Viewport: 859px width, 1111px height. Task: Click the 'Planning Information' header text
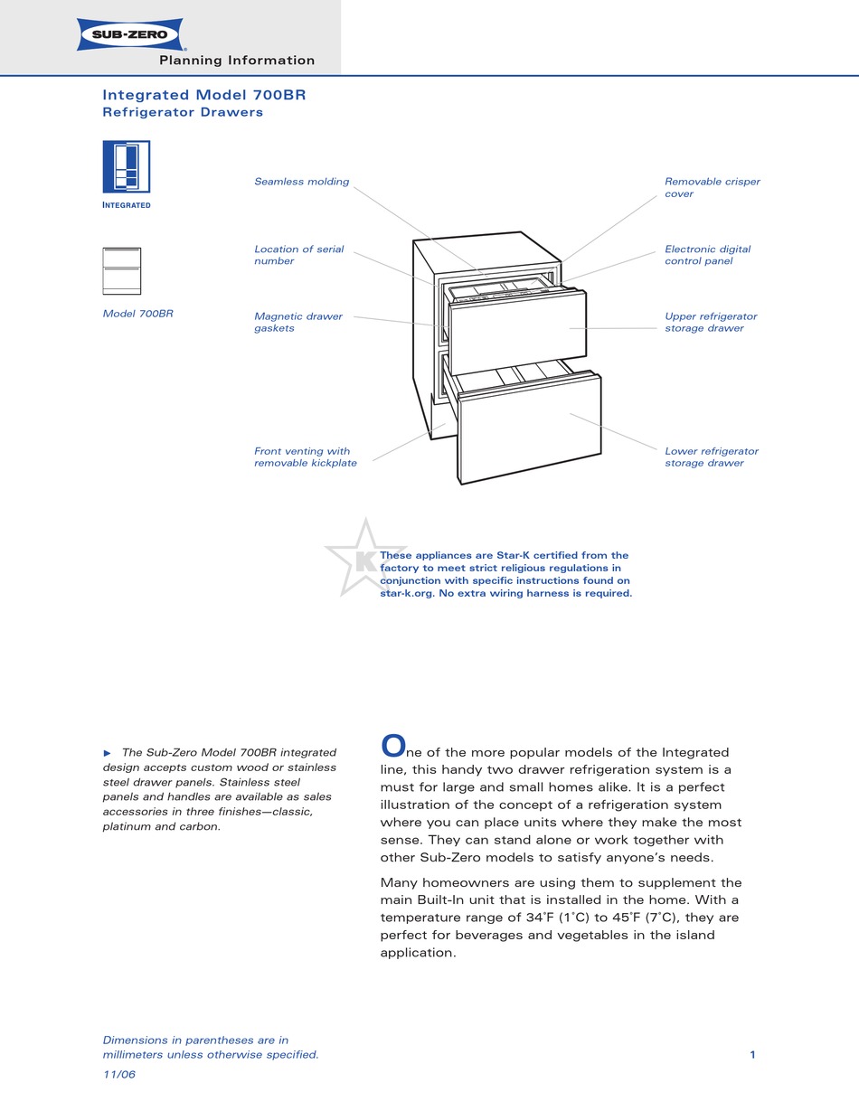coord(237,61)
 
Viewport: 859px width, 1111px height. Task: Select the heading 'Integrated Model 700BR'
coord(210,95)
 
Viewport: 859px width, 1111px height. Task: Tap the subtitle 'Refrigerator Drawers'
coord(183,113)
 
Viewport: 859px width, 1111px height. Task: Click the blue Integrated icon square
coord(127,166)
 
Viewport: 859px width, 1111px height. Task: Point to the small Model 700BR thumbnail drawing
coord(122,271)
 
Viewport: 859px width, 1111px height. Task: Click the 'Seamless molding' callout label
coord(301,182)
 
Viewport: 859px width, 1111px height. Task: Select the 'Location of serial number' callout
coord(298,255)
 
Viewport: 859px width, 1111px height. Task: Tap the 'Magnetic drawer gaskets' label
coord(298,323)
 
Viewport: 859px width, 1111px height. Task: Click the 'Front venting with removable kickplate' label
coord(305,457)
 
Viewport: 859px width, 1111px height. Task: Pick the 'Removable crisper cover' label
coord(712,187)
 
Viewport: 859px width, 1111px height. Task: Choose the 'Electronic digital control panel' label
coord(707,255)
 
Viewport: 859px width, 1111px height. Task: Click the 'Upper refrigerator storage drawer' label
coord(711,323)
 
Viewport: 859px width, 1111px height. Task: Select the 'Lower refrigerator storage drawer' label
coord(711,457)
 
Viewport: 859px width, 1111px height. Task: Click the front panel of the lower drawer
coord(529,429)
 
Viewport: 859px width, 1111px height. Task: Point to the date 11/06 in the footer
coord(119,1074)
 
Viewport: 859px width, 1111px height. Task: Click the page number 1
coord(752,1054)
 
